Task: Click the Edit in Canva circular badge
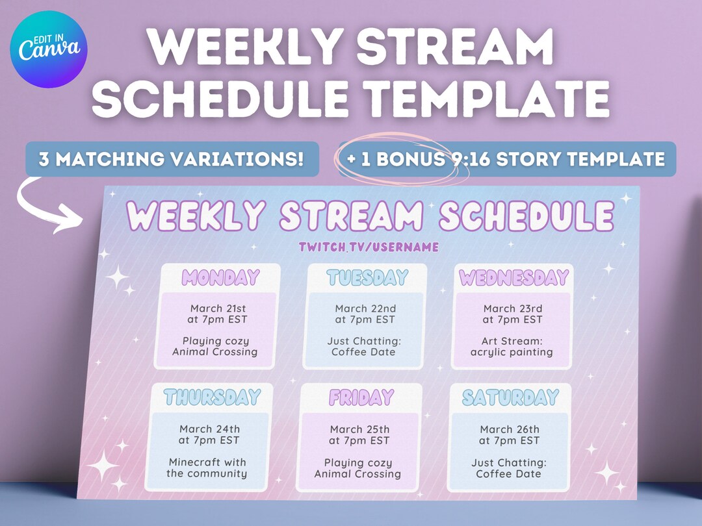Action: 48,49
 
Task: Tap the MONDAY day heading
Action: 220,277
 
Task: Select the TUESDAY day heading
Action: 367,277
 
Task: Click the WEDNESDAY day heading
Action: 514,278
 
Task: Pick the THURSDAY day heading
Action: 212,397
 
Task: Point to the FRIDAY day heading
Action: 361,397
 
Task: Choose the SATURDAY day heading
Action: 510,397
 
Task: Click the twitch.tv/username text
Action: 369,247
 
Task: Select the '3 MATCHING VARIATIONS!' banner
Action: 172,159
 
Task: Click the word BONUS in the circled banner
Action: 411,159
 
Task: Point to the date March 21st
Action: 218,308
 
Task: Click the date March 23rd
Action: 513,308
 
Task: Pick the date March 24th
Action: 209,429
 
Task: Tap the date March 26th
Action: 510,429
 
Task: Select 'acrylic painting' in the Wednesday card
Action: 512,353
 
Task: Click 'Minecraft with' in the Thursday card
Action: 207,462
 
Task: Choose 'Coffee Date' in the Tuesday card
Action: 363,352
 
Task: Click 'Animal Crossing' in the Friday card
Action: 357,474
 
